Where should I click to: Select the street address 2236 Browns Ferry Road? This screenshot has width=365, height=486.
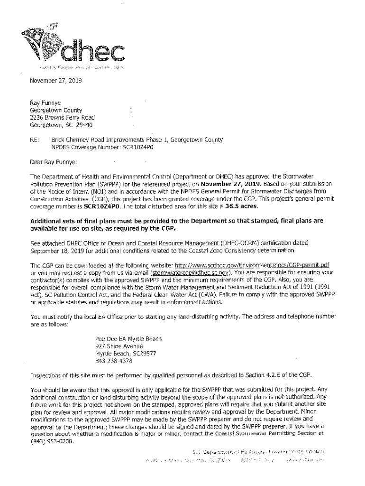click(x=63, y=117)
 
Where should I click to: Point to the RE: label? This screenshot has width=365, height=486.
click(x=35, y=140)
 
